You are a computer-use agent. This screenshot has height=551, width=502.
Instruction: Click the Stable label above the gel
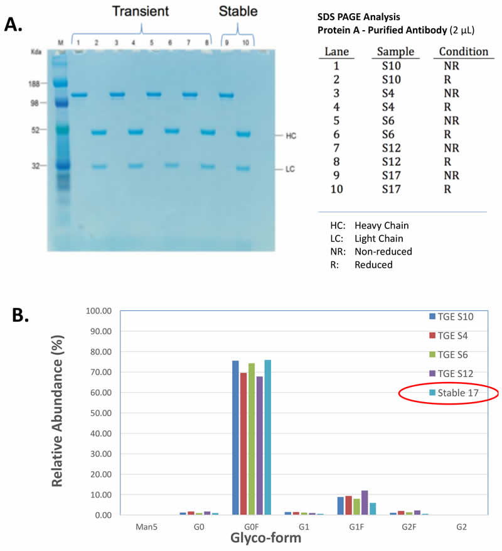(x=238, y=11)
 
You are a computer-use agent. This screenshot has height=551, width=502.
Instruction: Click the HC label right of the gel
(x=290, y=135)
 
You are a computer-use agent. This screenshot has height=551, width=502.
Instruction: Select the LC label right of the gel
(x=290, y=169)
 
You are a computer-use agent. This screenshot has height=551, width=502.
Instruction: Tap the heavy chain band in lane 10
(x=243, y=134)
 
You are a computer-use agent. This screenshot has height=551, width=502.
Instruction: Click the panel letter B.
(x=21, y=314)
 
